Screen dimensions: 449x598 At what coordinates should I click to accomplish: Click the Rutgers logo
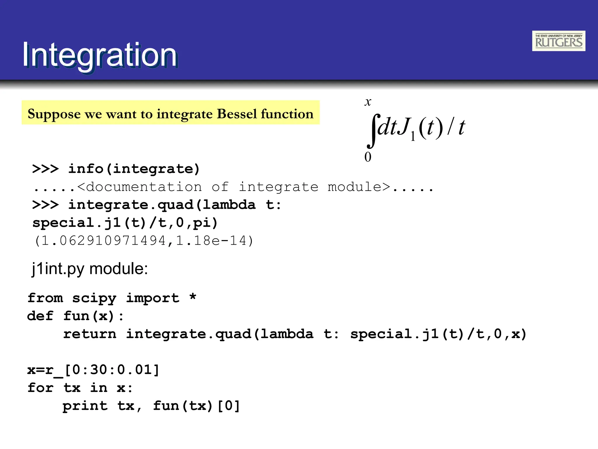click(x=558, y=41)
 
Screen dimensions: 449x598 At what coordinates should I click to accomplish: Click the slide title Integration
click(x=100, y=55)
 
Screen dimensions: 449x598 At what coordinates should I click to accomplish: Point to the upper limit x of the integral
click(x=368, y=102)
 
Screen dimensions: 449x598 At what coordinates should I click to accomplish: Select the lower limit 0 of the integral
click(x=368, y=157)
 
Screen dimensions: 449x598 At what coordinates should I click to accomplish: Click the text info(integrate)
click(x=134, y=169)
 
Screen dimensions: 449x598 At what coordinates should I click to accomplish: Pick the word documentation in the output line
click(x=144, y=187)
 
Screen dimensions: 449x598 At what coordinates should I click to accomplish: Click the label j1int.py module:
click(x=90, y=269)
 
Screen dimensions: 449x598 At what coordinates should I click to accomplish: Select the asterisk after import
click(x=193, y=297)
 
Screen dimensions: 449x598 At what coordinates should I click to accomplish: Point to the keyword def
click(x=40, y=316)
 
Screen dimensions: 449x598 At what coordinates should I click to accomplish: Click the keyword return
click(x=90, y=334)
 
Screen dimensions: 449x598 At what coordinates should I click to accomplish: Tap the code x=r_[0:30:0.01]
click(x=93, y=370)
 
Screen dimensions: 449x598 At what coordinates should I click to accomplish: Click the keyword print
click(x=85, y=406)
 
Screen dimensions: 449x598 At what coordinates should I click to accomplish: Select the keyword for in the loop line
click(x=40, y=388)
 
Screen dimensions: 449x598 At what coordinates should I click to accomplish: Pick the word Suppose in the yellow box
click(x=54, y=114)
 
